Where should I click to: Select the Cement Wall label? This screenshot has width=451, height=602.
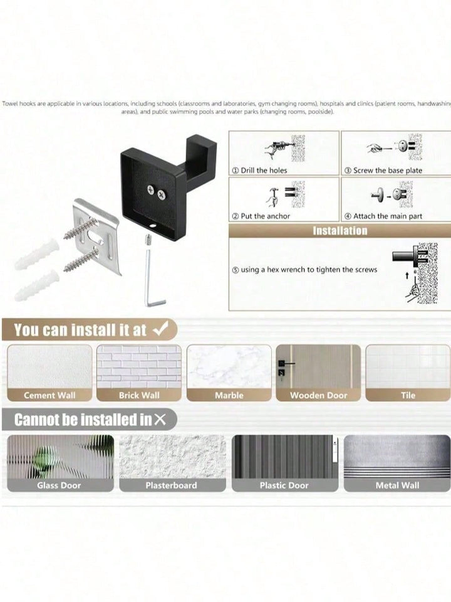[x=49, y=395]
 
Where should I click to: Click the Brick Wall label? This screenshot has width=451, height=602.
[x=139, y=395]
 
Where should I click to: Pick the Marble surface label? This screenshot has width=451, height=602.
[x=229, y=395]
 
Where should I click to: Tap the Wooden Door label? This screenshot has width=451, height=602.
[x=318, y=395]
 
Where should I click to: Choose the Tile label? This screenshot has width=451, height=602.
[x=408, y=395]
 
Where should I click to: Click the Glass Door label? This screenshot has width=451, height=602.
[x=59, y=485]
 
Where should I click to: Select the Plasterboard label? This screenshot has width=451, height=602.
[x=171, y=485]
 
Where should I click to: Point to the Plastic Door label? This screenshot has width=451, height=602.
[x=284, y=485]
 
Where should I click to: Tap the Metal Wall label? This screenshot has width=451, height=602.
[x=397, y=485]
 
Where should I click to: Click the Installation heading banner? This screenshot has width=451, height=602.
[x=340, y=230]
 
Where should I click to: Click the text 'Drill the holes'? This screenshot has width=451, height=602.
[x=264, y=170]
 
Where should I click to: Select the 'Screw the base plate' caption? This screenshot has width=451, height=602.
[x=388, y=170]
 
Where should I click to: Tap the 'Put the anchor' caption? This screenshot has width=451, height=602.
[x=266, y=216]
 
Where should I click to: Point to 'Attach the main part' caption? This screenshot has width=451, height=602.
[x=388, y=216]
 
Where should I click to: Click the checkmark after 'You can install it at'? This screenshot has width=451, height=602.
[x=160, y=329]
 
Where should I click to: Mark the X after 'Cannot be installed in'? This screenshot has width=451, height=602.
[x=160, y=420]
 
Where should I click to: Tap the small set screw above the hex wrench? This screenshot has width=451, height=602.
[x=147, y=241]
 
